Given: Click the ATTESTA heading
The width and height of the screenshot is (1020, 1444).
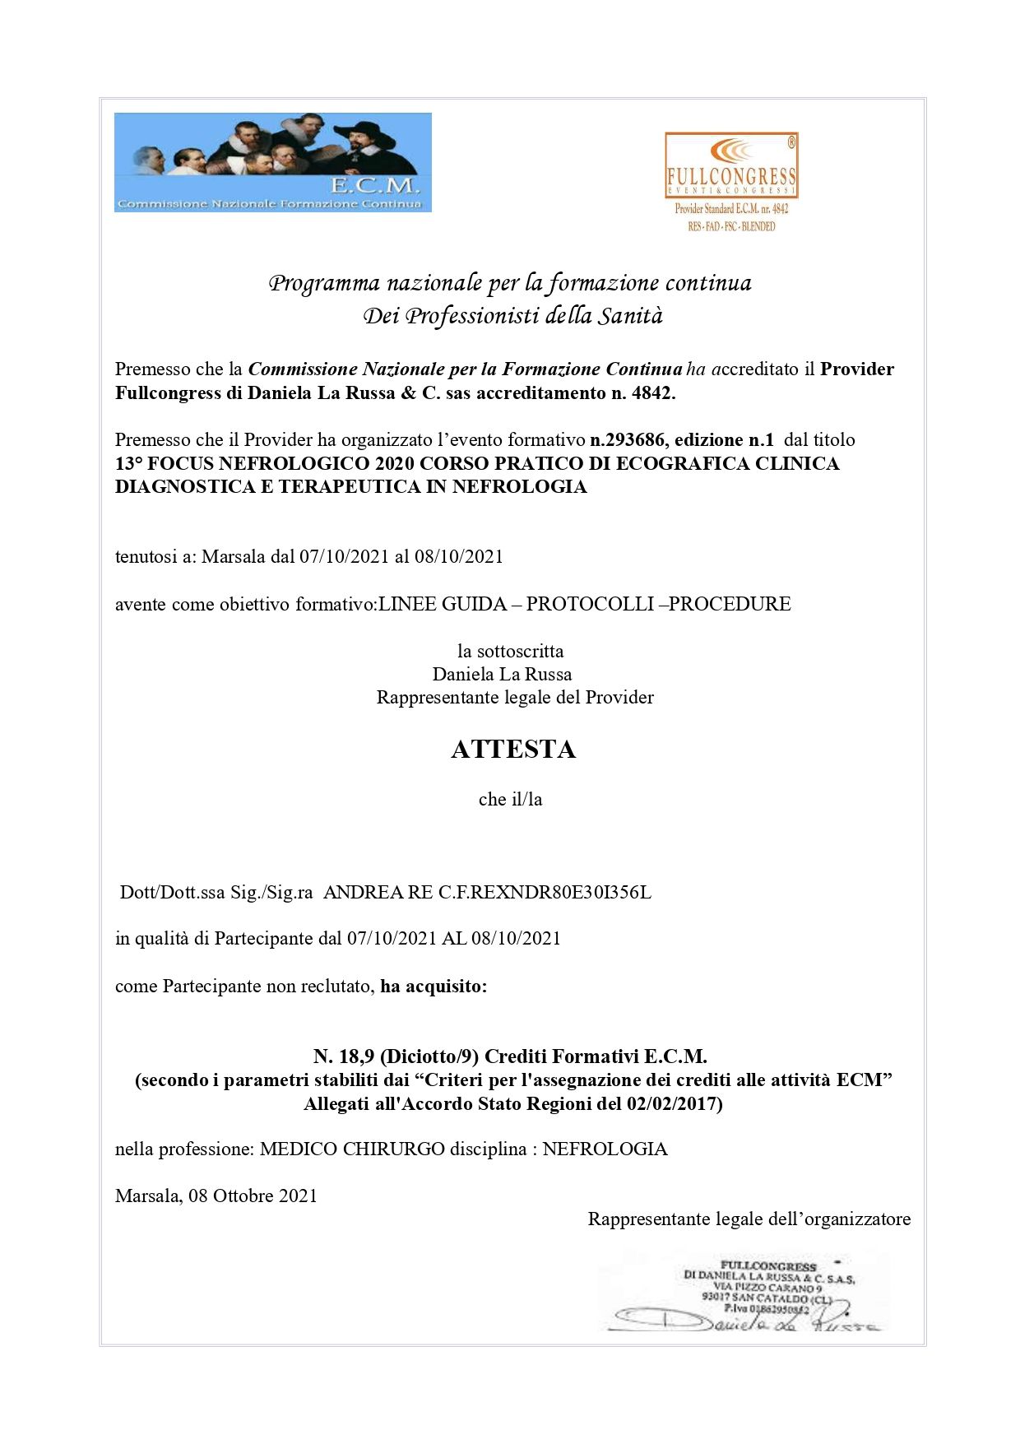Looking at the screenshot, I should pos(512,749).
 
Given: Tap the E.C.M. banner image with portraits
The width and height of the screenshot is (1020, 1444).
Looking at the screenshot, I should pos(272,162).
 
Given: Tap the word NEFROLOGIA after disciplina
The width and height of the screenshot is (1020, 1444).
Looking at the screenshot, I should pos(605,1149).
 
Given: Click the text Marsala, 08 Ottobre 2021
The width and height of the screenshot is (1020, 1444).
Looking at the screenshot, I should pos(216,1196).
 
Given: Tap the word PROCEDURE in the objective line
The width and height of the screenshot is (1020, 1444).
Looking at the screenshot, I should pos(730,604).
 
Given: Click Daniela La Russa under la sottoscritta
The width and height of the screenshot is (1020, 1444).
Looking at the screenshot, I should pos(502,674).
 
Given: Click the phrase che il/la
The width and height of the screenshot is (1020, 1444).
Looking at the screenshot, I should pos(510,799).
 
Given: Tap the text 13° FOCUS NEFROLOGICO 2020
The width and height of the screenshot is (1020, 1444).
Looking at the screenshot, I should pos(265,463).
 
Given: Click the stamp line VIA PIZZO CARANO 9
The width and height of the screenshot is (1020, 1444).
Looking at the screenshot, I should pos(767,1287).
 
